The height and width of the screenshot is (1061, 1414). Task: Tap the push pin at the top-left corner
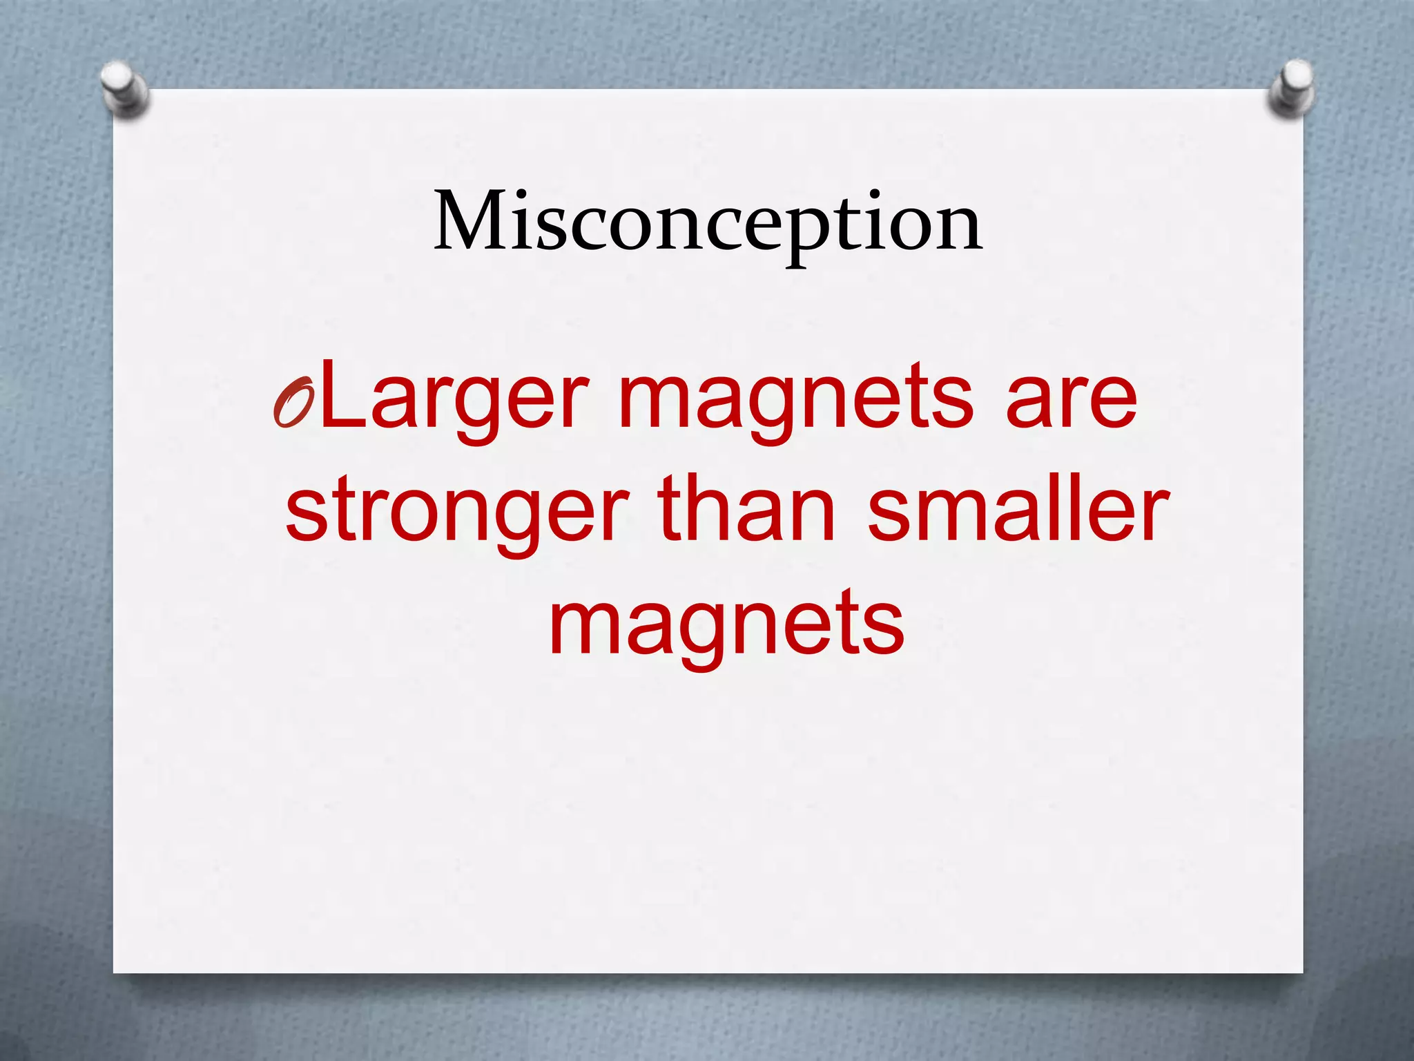(x=124, y=90)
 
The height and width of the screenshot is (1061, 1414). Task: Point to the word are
(x=1071, y=401)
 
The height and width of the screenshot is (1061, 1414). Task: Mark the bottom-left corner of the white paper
(x=115, y=972)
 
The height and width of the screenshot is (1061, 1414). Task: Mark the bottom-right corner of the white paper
(x=1302, y=972)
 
